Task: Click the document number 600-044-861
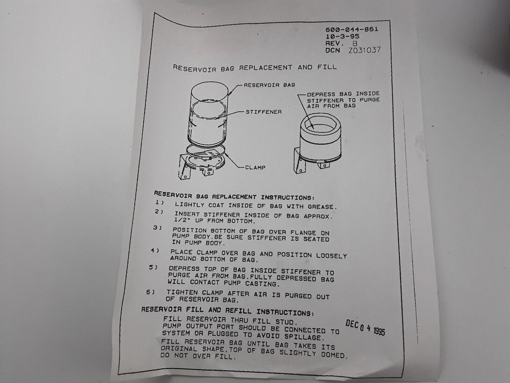point(352,29)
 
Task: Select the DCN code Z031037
point(364,50)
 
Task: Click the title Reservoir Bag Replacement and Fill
point(255,68)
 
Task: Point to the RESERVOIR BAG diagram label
point(269,85)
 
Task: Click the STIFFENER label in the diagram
point(263,112)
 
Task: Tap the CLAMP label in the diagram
point(255,168)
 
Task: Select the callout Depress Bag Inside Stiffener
point(343,100)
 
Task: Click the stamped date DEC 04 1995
point(365,327)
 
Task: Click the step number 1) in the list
point(159,203)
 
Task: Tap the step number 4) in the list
point(154,250)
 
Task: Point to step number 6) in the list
point(150,292)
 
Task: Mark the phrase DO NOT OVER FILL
point(197,356)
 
